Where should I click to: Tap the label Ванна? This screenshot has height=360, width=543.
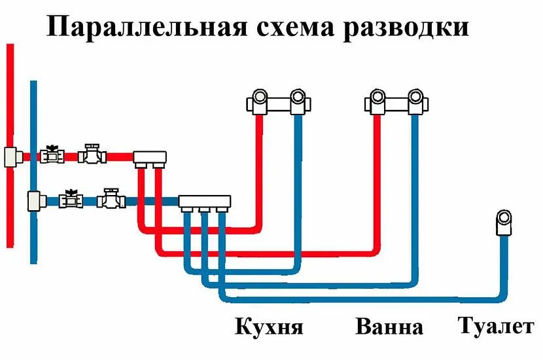pos(389,326)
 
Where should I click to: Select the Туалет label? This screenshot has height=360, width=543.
pos(496,325)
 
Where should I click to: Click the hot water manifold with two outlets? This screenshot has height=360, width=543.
pos(150,157)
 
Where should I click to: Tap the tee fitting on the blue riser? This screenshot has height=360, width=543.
pos(35,199)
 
